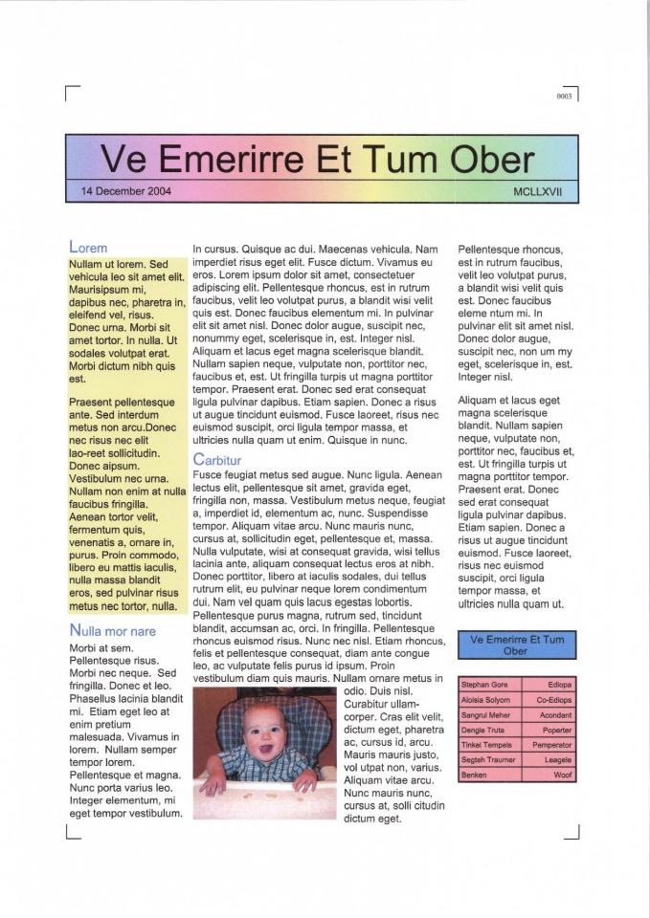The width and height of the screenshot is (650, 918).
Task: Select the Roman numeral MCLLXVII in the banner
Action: click(x=538, y=191)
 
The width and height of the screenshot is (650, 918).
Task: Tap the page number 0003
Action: click(x=563, y=98)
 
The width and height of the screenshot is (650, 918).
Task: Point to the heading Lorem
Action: click(x=89, y=248)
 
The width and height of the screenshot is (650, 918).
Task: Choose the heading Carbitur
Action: click(x=217, y=460)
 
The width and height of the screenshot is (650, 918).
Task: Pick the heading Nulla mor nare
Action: click(x=113, y=631)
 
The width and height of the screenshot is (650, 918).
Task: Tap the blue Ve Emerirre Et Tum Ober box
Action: click(x=517, y=645)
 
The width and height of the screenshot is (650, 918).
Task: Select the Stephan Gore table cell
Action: click(x=486, y=685)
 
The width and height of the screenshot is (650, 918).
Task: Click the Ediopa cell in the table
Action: click(x=559, y=685)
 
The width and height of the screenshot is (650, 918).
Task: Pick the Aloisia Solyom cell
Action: click(x=486, y=700)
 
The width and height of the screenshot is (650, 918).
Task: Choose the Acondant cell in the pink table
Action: click(x=555, y=714)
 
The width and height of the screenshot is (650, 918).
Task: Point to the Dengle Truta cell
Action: click(x=484, y=730)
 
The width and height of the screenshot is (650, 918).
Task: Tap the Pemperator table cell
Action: click(x=552, y=744)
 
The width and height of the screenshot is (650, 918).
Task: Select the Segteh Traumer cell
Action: click(x=488, y=759)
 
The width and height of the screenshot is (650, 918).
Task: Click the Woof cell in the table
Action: click(x=563, y=775)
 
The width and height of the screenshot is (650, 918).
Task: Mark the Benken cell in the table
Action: click(x=475, y=775)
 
